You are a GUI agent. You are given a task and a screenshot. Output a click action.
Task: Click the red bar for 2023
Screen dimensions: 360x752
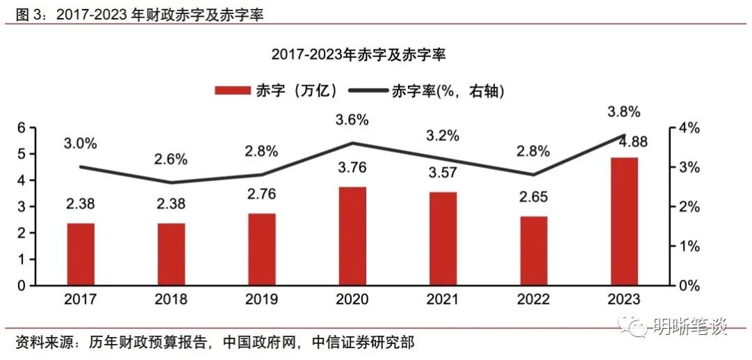(x=623, y=221)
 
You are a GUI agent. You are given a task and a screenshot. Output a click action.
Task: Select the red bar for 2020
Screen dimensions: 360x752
(x=352, y=236)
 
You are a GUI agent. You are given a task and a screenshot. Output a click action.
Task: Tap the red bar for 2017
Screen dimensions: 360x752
(x=81, y=254)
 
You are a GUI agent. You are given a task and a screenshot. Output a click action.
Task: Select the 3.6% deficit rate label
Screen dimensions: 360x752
(x=352, y=120)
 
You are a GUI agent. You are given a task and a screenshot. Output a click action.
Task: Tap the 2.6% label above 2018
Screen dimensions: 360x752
(x=171, y=159)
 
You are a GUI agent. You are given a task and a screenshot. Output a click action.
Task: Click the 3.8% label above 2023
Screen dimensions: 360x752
(x=624, y=112)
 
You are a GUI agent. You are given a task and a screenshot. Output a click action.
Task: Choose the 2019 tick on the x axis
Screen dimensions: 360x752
(x=262, y=299)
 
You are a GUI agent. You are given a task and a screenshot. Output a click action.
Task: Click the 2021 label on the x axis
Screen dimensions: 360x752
(x=443, y=299)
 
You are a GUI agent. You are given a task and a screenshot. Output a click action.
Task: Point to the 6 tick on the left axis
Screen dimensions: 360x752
(x=22, y=128)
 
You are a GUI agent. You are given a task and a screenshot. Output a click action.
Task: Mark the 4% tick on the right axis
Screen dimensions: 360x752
(x=688, y=128)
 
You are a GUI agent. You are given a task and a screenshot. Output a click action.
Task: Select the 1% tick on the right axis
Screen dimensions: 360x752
(x=688, y=246)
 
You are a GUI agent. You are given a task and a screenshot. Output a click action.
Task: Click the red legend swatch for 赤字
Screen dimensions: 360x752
(x=232, y=91)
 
